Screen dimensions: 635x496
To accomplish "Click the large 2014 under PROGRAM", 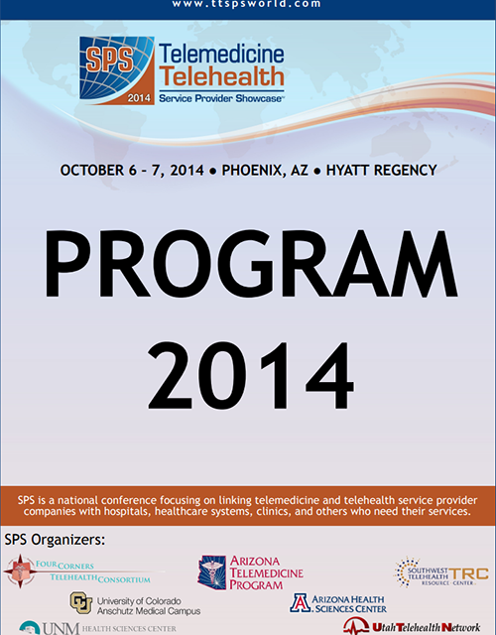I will coord(247,380).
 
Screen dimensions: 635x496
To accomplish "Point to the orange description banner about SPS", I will coord(247,504).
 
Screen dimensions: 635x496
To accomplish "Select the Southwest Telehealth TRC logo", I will coord(440,572).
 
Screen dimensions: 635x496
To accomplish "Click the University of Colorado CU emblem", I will coord(81,602).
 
